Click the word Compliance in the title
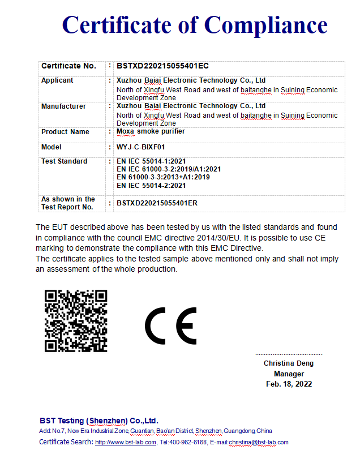click(x=265, y=25)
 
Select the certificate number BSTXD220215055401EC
click(x=155, y=66)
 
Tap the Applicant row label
click(x=57, y=80)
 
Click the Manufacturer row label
click(x=63, y=106)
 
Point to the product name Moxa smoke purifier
click(x=151, y=131)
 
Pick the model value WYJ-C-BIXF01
click(x=142, y=147)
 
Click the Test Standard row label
click(x=64, y=161)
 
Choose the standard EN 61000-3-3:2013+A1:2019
click(x=163, y=177)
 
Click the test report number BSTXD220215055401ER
click(x=157, y=203)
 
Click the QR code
click(x=76, y=320)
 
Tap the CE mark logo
click(x=170, y=326)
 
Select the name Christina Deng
click(x=288, y=363)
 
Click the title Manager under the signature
click(x=289, y=374)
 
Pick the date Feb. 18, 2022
click(x=289, y=384)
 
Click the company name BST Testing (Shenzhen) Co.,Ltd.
click(x=99, y=421)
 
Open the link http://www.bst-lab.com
click(x=125, y=442)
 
